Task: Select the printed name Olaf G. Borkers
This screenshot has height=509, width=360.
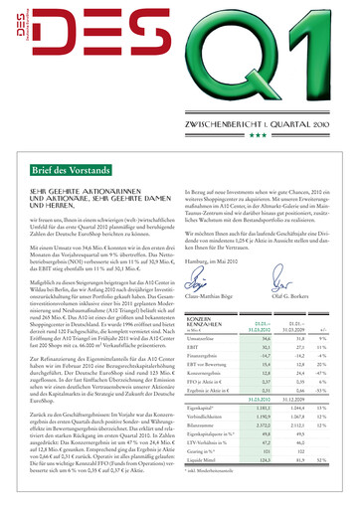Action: coord(294,296)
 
